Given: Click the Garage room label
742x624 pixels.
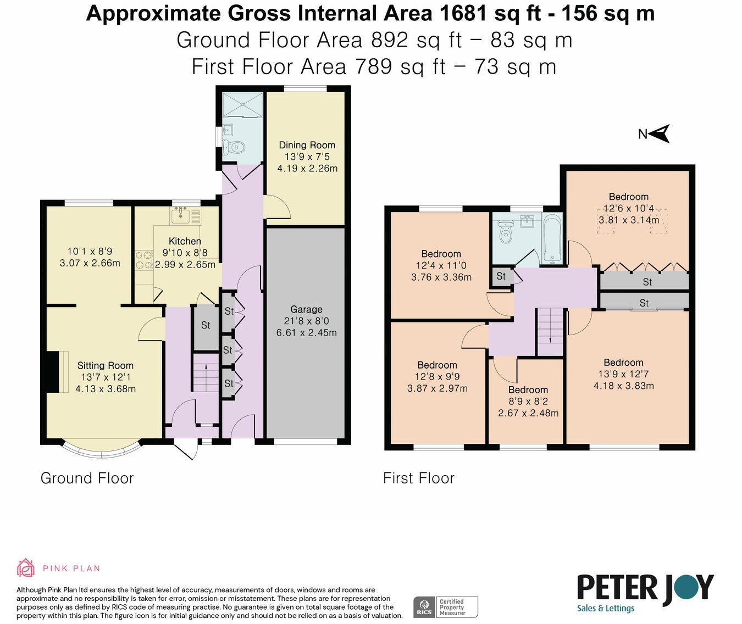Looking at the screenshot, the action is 306,309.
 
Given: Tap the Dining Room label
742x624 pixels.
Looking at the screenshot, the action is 307,145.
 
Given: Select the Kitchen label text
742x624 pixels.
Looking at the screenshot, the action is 185,241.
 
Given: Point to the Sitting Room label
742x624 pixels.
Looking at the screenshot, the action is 106,365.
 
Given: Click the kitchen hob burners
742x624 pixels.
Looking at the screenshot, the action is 143,260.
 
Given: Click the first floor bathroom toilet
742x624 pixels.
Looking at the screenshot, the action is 505,232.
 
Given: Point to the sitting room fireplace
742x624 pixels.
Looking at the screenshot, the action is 53,372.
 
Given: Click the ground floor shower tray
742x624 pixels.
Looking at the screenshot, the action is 243,105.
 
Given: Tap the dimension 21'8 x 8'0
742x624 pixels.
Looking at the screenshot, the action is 306,321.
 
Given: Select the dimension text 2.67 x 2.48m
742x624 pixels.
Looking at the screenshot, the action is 528,413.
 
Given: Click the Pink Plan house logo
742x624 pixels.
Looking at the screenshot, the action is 26,568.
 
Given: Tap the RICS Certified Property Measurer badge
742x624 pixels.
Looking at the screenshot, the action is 446,607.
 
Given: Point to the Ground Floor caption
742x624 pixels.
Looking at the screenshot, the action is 87,478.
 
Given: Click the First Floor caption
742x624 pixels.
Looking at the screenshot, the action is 419,478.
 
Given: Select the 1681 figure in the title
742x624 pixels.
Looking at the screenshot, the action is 462,14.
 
